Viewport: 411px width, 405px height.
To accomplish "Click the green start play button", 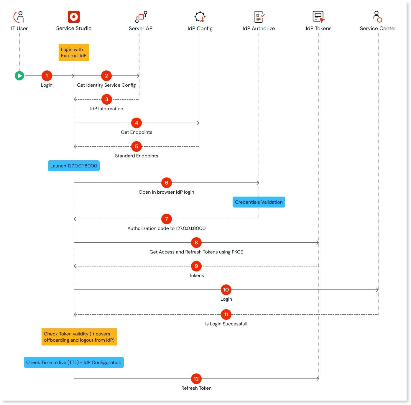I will (19, 76).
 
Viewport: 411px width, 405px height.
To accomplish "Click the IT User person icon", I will (19, 17).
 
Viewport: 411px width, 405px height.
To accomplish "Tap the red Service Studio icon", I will (74, 17).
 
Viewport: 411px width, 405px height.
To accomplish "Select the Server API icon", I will (141, 17).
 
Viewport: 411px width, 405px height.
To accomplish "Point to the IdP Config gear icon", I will (200, 17).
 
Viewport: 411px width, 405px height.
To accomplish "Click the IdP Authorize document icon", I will (259, 17).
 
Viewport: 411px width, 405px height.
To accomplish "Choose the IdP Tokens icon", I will (318, 17).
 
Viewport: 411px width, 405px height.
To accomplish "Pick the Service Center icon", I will (378, 17).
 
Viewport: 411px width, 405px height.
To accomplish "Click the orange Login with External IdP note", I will (74, 52).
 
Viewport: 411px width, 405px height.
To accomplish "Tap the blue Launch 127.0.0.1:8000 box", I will (74, 166).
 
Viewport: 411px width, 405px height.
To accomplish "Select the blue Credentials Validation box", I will (259, 202).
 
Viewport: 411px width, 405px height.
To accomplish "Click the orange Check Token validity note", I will (79, 337).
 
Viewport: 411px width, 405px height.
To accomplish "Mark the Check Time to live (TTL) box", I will (74, 362).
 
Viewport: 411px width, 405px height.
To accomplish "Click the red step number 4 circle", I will (137, 123).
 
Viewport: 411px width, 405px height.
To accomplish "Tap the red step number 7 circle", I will (167, 219).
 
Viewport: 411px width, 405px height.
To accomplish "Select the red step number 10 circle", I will (226, 290).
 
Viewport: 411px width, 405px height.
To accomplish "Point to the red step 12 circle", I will (196, 379).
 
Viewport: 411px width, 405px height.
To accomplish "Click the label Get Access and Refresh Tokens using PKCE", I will (196, 252).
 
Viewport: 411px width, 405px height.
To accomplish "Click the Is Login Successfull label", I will (226, 324).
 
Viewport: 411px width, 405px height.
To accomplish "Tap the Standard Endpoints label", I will (137, 156).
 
